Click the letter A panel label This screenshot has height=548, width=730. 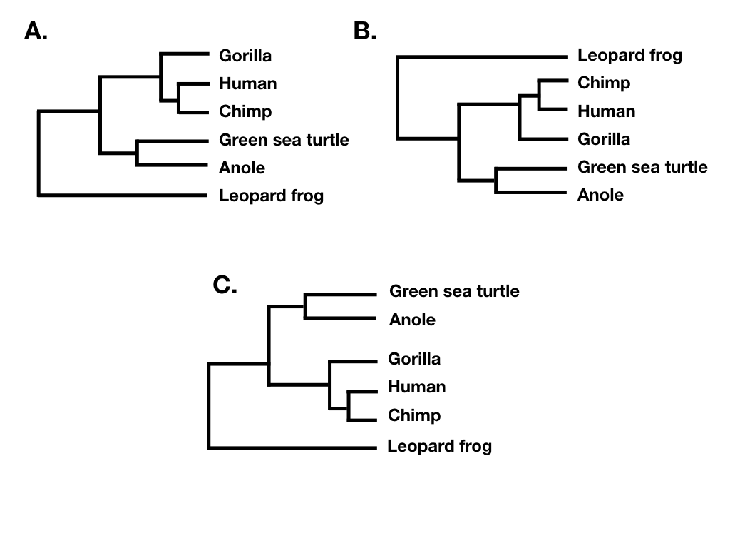36,31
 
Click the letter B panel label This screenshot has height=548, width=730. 364,31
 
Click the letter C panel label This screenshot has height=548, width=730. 225,285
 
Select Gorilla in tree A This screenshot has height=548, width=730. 245,55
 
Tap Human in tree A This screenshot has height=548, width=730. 247,83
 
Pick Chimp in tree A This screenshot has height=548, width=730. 245,111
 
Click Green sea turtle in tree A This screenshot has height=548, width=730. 284,140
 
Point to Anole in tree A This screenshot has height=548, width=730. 242,168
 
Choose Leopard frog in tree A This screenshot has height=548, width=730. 271,196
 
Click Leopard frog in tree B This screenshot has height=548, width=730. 629,55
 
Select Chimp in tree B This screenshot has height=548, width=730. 604,83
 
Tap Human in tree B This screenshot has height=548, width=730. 606,111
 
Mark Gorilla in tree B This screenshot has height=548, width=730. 604,139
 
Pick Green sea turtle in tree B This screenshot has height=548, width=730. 642,167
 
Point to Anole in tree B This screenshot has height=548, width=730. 600,195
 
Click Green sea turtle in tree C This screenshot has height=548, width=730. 454,291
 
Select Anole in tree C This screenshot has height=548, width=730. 412,320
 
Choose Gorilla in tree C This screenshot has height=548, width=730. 414,358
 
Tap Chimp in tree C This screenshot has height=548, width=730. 414,415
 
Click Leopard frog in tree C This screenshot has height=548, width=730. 439,447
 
